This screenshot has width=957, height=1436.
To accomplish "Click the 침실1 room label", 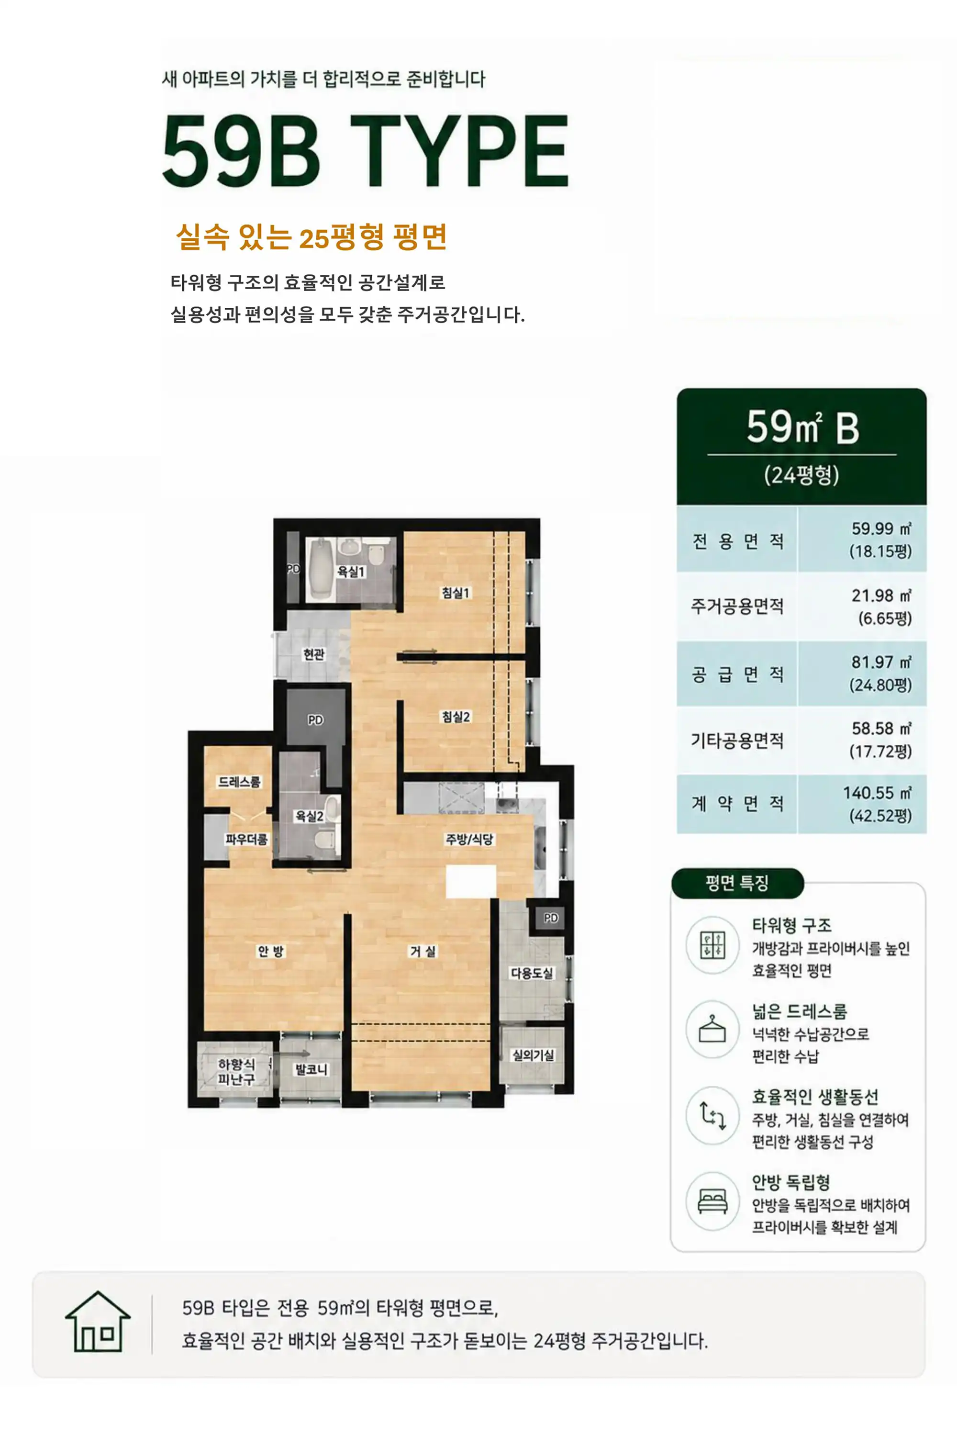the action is (x=456, y=592).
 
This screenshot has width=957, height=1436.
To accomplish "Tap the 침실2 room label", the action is (x=456, y=716).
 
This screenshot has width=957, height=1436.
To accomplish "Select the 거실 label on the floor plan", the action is (x=423, y=951).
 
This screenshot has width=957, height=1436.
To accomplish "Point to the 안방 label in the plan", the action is (x=270, y=951).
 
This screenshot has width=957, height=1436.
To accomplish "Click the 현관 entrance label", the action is (x=314, y=654).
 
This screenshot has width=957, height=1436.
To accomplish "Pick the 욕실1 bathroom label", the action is (x=351, y=572).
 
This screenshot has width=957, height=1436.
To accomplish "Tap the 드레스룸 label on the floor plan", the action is (x=239, y=782).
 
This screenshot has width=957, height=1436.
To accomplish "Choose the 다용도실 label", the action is (x=532, y=973).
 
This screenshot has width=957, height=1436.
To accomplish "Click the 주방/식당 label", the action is (x=469, y=839).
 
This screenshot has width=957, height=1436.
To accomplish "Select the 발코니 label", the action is (x=312, y=1069).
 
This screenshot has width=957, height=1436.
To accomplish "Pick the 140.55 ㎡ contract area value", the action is (x=877, y=793).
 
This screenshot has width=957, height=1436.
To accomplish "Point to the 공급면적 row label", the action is (x=737, y=674).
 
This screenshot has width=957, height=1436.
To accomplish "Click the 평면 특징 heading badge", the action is (x=737, y=883).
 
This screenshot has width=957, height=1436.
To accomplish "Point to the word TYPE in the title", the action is (x=459, y=150).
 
